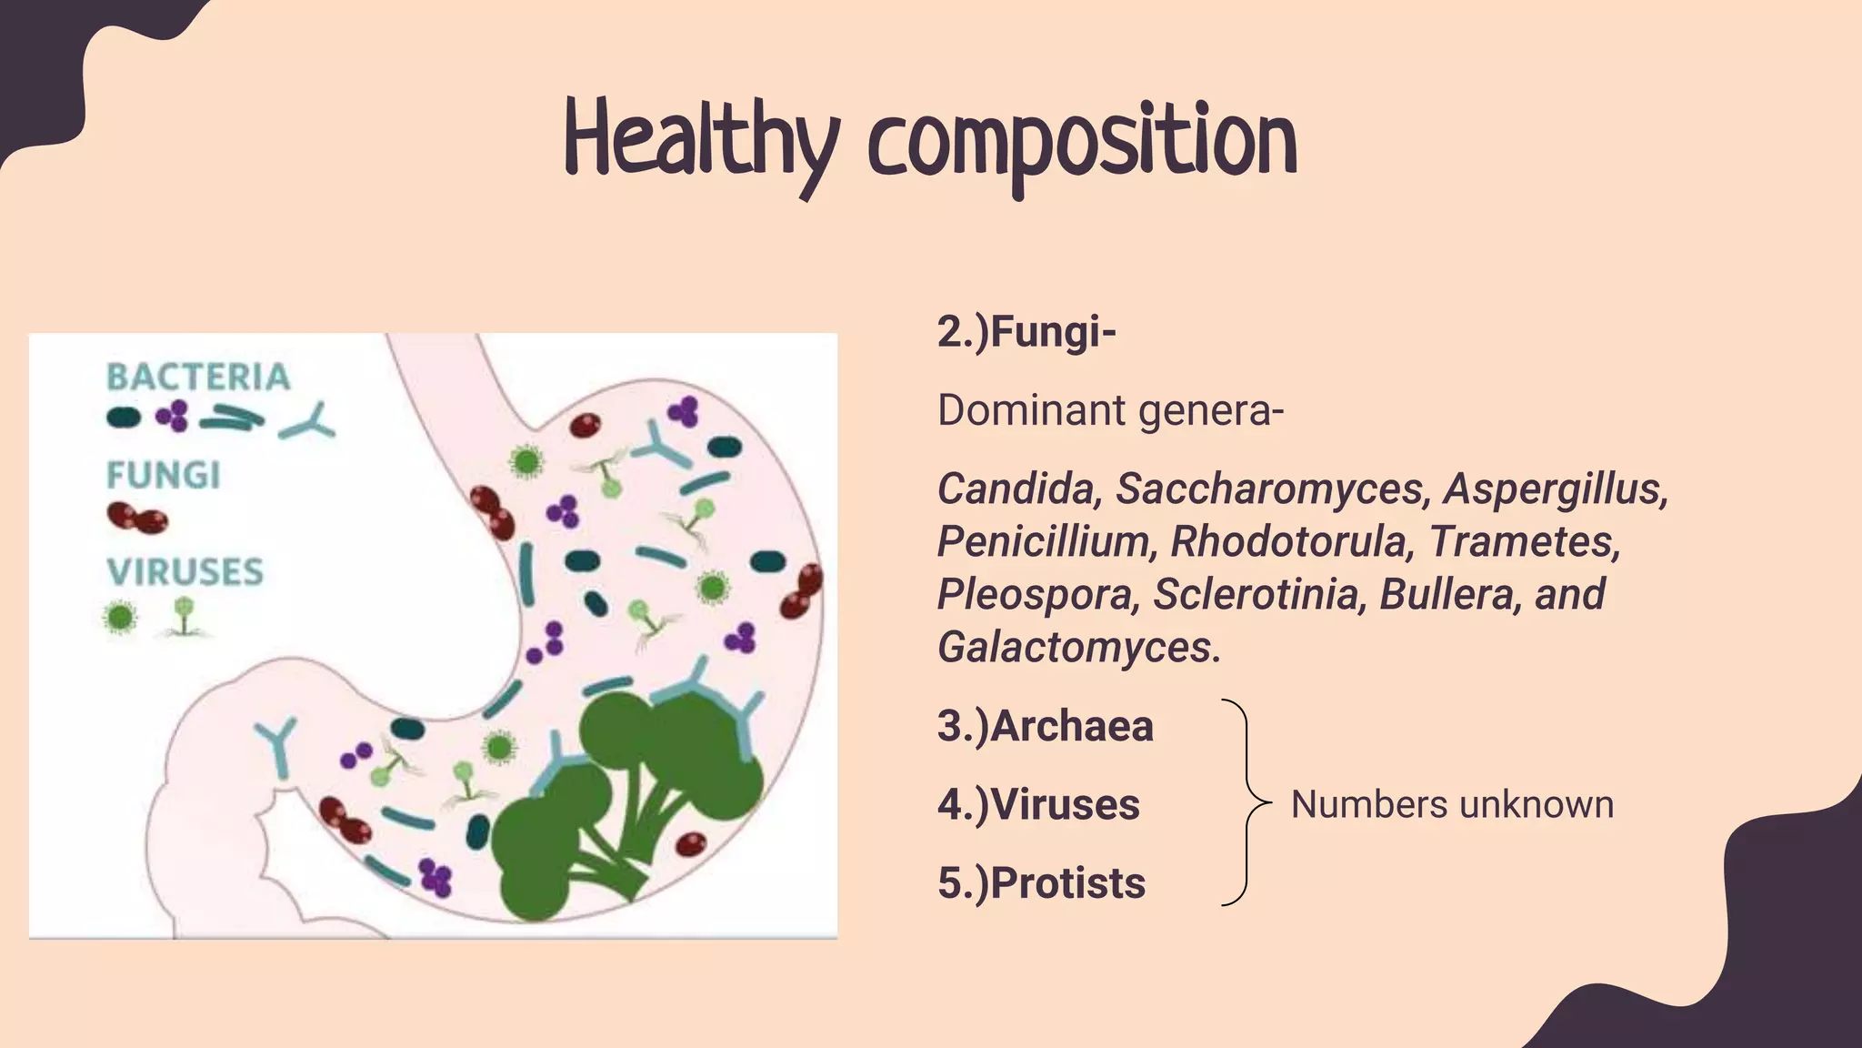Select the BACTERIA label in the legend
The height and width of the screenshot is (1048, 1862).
pyautogui.click(x=198, y=377)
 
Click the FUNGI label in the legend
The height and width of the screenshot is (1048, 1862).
pyautogui.click(x=164, y=475)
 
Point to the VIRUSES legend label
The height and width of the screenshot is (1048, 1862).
pyautogui.click(x=185, y=571)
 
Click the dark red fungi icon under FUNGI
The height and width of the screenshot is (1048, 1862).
pyautogui.click(x=137, y=519)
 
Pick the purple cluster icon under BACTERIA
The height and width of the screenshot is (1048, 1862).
pyautogui.click(x=172, y=416)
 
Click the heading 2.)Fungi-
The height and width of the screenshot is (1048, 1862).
pyautogui.click(x=1026, y=332)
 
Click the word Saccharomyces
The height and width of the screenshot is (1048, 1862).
pyautogui.click(x=1270, y=489)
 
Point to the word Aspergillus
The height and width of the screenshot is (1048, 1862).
pyautogui.click(x=1555, y=489)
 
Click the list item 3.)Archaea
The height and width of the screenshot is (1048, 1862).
pyautogui.click(x=1046, y=726)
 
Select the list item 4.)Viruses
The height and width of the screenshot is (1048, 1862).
pyautogui.click(x=1038, y=805)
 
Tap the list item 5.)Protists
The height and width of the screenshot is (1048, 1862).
pyautogui.click(x=1042, y=883)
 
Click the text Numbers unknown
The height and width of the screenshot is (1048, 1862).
pyautogui.click(x=1452, y=805)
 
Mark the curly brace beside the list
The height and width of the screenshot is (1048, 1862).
pyautogui.click(x=1242, y=803)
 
